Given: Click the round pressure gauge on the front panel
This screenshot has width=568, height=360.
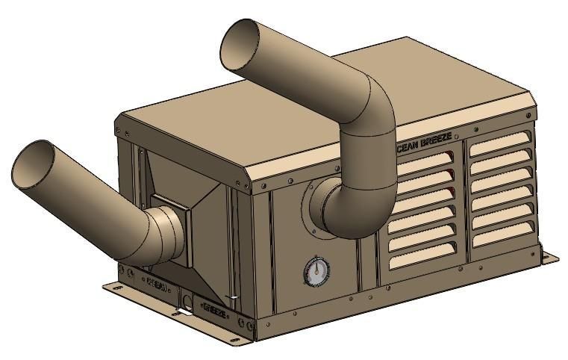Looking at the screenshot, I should [316, 272].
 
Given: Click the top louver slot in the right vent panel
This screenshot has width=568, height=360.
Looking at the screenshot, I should [500, 142].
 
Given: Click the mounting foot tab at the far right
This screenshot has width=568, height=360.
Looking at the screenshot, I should [549, 258].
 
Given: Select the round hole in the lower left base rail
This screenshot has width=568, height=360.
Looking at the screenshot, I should [188, 305].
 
